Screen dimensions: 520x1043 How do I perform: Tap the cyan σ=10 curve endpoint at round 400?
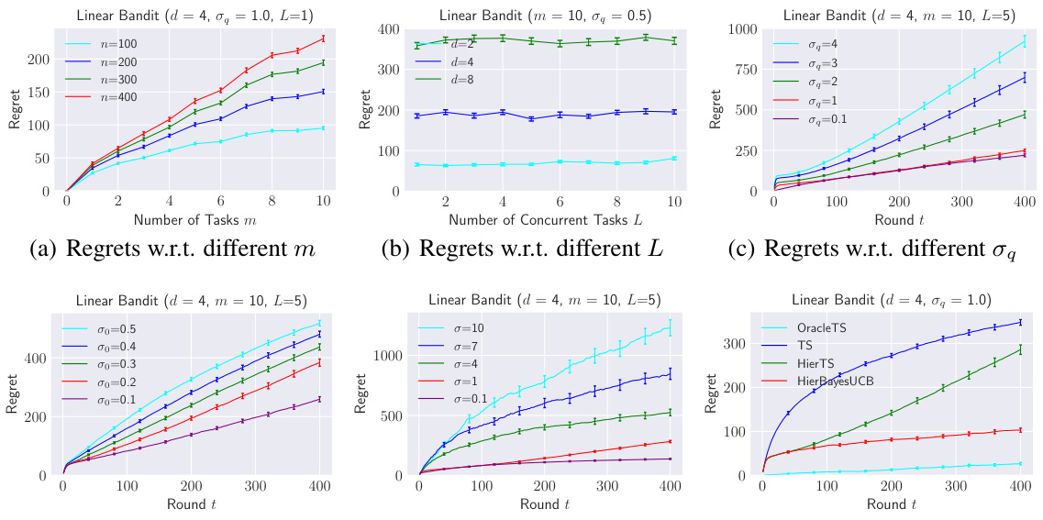(670, 326)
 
